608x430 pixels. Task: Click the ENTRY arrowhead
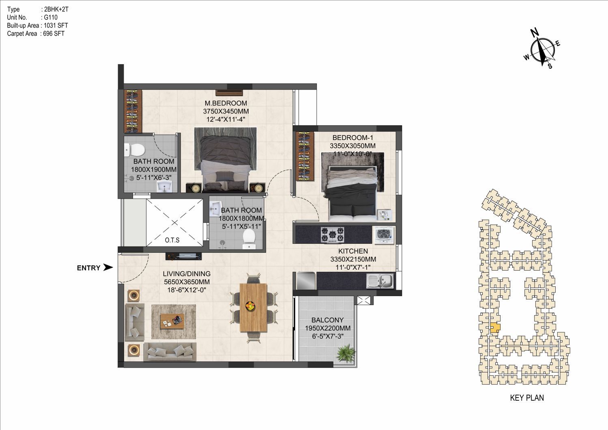click(x=108, y=267)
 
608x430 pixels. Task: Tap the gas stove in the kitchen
click(x=333, y=235)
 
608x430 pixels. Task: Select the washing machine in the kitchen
click(x=384, y=235)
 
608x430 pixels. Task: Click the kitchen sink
click(x=380, y=281)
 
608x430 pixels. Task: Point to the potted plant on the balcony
click(x=346, y=353)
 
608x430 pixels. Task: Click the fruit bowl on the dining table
click(x=250, y=306)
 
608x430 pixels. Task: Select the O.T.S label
click(x=172, y=240)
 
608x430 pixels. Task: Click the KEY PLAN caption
click(x=527, y=398)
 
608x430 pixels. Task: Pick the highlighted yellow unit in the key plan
click(x=495, y=328)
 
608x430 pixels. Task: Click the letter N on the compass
click(x=535, y=32)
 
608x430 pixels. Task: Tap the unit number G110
click(x=51, y=17)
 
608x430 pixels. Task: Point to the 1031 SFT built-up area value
click(x=56, y=26)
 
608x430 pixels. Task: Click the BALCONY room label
click(x=327, y=320)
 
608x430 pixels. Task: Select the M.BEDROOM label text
click(x=226, y=103)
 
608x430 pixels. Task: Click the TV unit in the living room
click(x=183, y=256)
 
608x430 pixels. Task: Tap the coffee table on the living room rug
click(x=172, y=321)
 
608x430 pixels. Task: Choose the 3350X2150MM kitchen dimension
click(x=353, y=259)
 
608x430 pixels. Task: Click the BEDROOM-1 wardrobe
click(x=305, y=156)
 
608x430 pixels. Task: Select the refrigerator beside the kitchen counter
click(x=306, y=281)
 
